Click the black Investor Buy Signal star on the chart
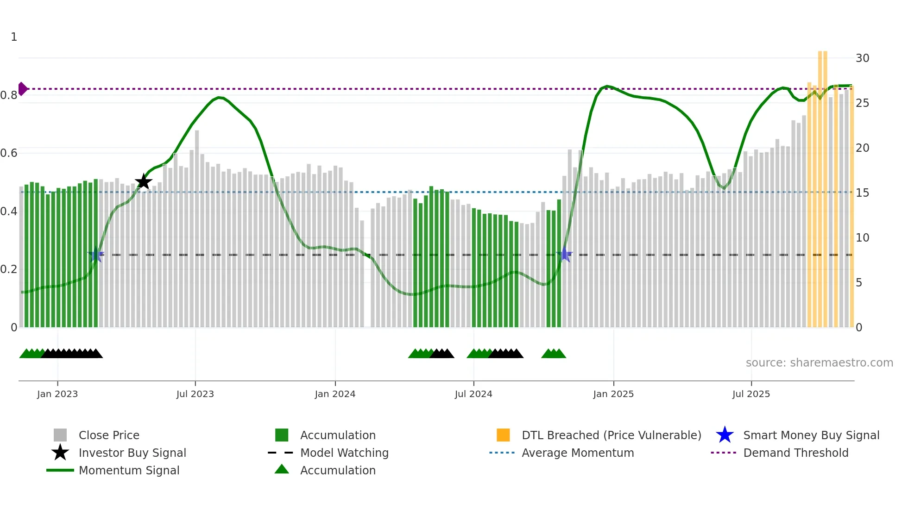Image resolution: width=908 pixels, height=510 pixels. coord(144,181)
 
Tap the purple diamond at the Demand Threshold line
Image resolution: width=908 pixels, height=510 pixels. coord(23,88)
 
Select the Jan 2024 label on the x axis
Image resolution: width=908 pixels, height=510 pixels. coord(335,394)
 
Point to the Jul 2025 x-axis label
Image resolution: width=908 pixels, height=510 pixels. coord(751,394)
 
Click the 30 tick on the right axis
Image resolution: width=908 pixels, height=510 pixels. coord(862,58)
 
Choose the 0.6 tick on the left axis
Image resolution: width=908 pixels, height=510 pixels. coord(9,153)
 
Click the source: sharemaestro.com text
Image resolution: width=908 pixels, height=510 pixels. coord(819,363)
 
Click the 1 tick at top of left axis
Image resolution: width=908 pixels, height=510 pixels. coord(14,37)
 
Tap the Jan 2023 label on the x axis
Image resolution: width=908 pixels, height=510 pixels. coord(57,394)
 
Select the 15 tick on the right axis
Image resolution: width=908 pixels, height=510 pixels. coord(862,193)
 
